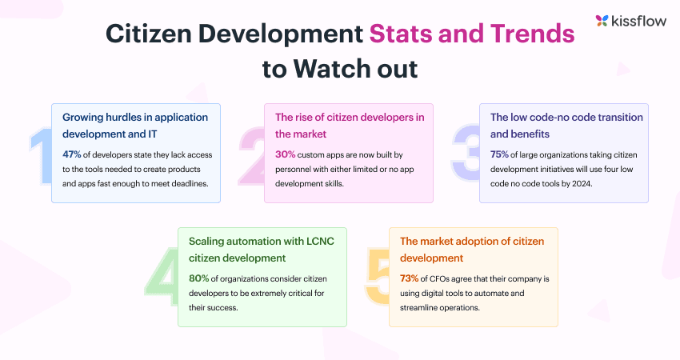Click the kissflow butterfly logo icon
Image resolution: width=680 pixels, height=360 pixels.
(602, 20)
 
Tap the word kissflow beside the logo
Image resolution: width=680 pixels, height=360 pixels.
(639, 20)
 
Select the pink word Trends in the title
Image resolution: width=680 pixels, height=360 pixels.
(532, 34)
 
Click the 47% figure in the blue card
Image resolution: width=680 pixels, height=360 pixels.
(71, 154)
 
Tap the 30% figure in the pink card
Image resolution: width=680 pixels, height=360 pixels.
(285, 154)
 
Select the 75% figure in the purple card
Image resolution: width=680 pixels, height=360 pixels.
(499, 154)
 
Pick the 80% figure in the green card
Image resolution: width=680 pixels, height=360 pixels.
(198, 278)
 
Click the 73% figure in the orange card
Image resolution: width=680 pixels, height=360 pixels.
(409, 278)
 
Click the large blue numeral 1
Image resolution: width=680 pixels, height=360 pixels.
(41, 156)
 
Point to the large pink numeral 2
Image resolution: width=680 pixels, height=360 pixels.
(252, 156)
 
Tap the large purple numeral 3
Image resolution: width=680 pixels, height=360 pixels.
(466, 153)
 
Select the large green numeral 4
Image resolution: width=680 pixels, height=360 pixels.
(162, 278)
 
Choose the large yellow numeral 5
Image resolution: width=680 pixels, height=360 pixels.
(378, 276)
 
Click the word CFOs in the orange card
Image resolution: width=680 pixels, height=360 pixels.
(439, 279)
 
